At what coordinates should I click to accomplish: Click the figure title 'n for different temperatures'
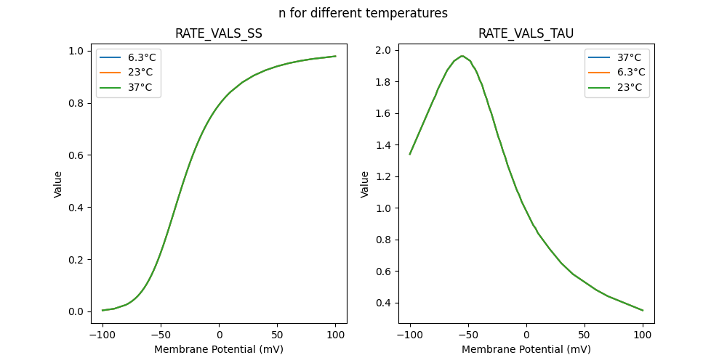click(x=363, y=13)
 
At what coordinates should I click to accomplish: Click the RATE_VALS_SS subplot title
click(x=219, y=33)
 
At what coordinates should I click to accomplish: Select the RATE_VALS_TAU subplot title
click(x=526, y=33)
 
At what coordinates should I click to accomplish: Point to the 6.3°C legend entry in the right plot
click(x=630, y=72)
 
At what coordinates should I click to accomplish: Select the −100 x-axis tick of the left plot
click(x=103, y=335)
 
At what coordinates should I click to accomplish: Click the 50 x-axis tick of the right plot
click(x=585, y=335)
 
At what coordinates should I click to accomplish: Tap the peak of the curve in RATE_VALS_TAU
click(x=462, y=56)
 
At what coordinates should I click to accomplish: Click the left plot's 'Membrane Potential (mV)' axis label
click(x=219, y=349)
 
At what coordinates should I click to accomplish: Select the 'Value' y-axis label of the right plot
click(x=366, y=184)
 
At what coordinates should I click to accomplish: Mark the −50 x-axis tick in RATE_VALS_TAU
click(x=468, y=335)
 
